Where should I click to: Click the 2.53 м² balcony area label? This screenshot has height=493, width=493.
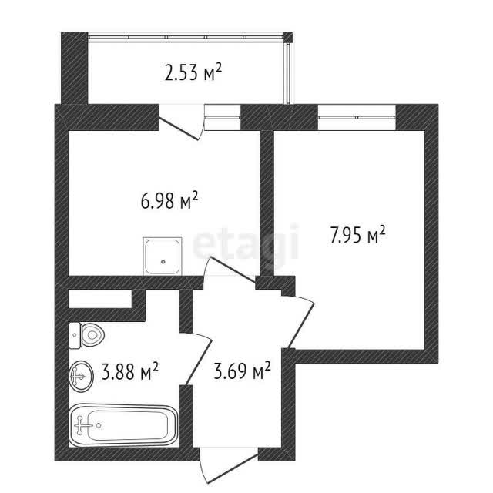193,72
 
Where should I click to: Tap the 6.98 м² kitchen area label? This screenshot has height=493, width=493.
169,200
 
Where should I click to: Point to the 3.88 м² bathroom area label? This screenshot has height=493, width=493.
129,371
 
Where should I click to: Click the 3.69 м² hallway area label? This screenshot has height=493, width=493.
242,371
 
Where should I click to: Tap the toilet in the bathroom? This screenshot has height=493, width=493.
86,336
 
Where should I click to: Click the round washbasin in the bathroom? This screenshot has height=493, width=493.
81,376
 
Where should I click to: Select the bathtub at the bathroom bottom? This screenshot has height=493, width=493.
123,425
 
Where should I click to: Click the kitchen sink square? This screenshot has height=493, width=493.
163,257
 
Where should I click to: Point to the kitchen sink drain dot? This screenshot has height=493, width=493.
163,262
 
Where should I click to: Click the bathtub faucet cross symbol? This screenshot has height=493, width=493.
80,425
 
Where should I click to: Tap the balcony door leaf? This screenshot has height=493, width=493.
179,129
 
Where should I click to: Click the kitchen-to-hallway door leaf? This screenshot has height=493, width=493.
233,269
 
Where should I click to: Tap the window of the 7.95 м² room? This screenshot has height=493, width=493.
357,117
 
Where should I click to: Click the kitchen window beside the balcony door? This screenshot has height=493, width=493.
223,117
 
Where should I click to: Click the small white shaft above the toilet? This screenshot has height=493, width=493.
100,298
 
